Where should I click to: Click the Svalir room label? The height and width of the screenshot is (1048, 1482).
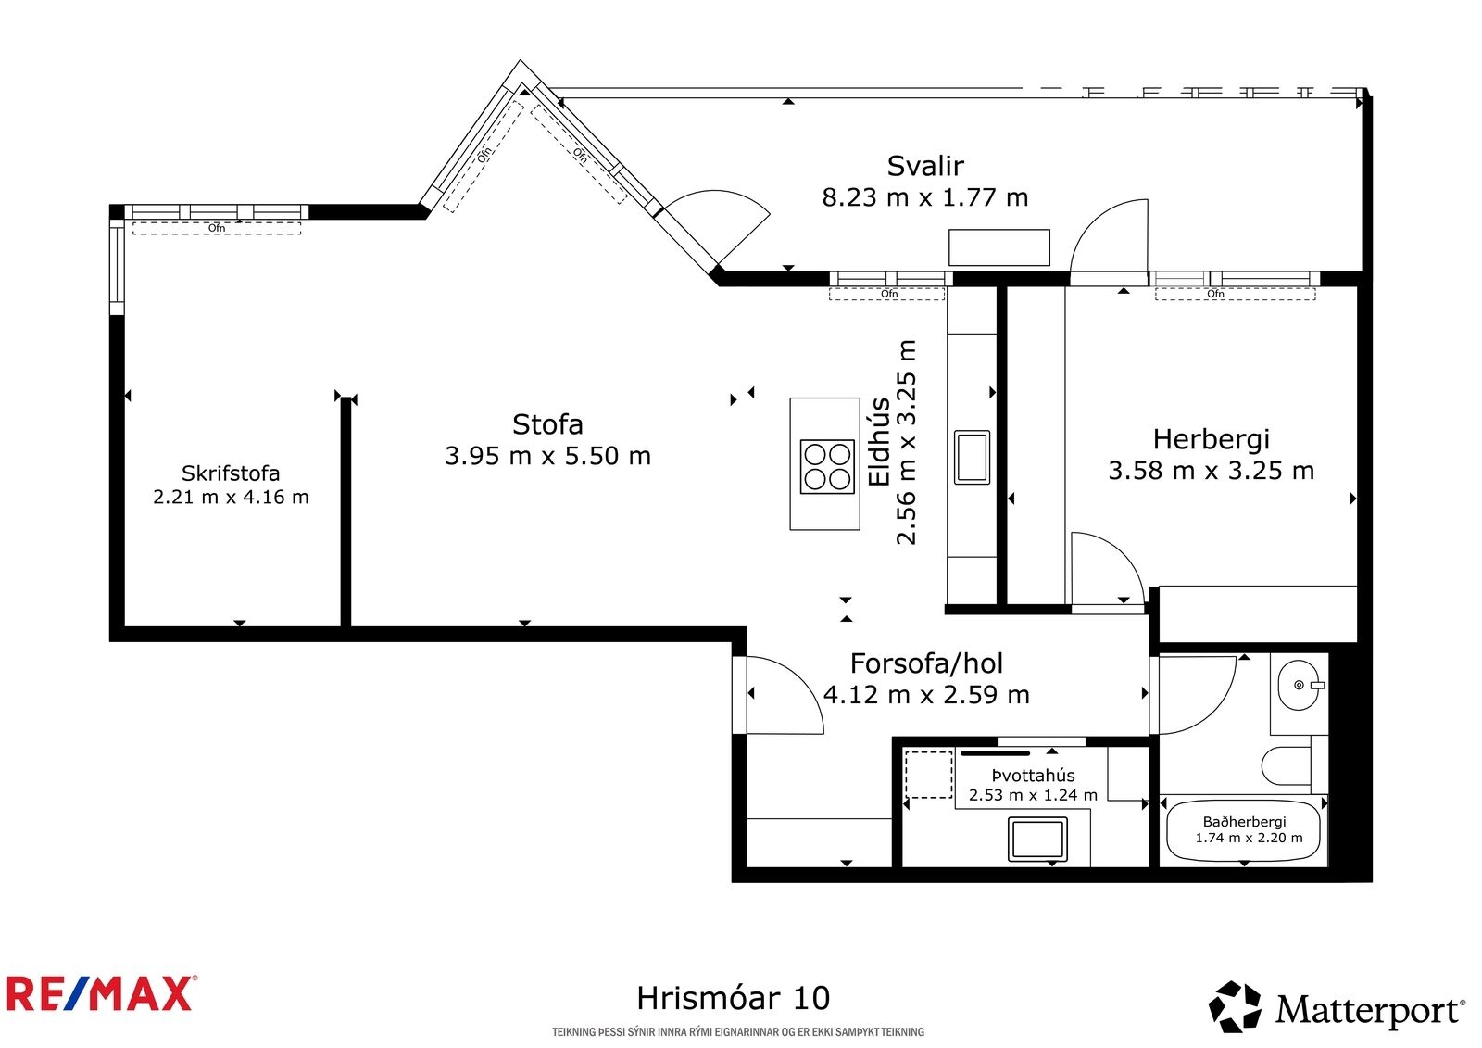click(x=925, y=166)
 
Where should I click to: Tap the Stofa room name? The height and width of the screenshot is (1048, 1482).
click(x=547, y=425)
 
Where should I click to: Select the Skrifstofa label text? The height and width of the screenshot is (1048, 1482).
click(x=231, y=473)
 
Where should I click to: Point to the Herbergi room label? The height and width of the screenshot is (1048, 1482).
click(x=1212, y=440)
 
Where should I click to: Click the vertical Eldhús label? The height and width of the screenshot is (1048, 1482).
click(x=879, y=442)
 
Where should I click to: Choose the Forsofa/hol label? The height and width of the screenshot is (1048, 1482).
click(x=926, y=663)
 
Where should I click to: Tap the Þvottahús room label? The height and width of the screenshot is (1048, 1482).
click(x=1033, y=776)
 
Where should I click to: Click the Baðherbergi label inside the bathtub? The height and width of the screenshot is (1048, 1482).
click(x=1245, y=822)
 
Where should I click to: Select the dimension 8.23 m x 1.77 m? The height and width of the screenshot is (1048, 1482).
click(x=925, y=197)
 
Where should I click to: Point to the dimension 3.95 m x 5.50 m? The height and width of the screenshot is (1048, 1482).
click(x=547, y=456)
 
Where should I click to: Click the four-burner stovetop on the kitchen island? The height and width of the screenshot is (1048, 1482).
click(x=827, y=467)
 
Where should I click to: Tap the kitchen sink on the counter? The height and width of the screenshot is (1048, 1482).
click(x=972, y=457)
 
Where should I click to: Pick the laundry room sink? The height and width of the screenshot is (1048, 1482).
click(x=1037, y=839)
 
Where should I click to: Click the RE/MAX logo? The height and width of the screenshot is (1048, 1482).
click(x=99, y=994)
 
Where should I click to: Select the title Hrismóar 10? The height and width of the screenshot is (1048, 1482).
click(x=733, y=998)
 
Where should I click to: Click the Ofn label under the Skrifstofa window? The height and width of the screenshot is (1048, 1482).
click(x=217, y=228)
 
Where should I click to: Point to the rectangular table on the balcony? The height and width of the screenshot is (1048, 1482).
click(x=999, y=247)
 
